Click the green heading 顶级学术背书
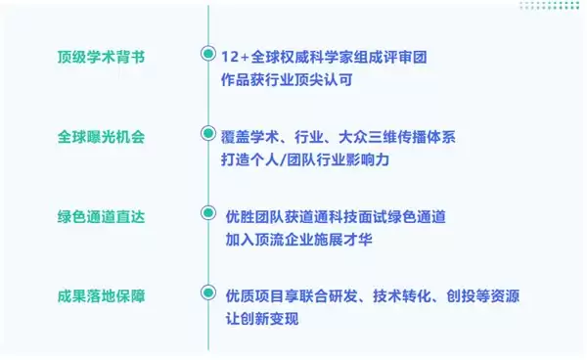102,56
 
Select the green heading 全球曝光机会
102,135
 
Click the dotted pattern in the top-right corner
551,5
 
